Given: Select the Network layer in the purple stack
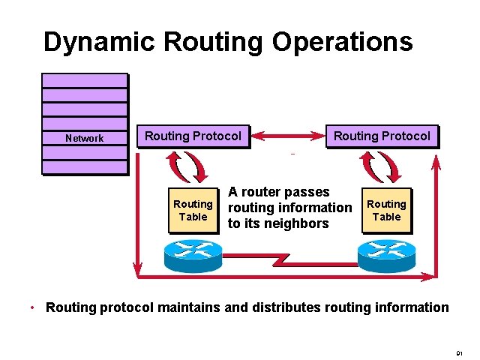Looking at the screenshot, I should [x=85, y=138].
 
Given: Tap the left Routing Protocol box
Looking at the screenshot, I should [x=193, y=136].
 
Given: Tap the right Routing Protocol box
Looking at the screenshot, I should [x=382, y=136].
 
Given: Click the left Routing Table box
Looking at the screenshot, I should [x=193, y=211].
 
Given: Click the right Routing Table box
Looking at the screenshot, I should [x=386, y=211].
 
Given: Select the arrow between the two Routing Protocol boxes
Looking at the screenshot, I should [x=288, y=136].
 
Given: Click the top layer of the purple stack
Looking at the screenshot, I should [x=85, y=80].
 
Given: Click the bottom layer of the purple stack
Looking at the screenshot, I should [x=85, y=166].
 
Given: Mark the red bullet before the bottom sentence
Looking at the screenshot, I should [x=32, y=308].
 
